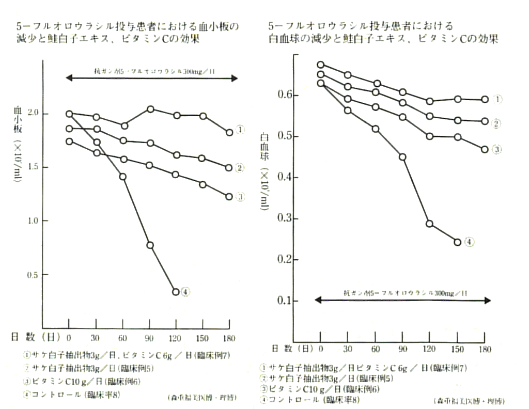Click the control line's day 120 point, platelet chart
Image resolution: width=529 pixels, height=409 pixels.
176,292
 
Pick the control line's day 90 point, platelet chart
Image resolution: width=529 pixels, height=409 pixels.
150,245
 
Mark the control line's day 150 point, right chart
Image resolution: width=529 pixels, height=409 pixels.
457,242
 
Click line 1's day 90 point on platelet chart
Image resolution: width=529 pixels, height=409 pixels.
150,109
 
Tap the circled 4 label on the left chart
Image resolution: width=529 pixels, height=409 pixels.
186,292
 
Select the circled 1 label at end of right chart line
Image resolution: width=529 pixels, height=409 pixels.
496,99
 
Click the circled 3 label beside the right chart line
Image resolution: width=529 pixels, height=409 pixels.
496,149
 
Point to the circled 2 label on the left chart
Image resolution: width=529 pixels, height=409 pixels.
240,167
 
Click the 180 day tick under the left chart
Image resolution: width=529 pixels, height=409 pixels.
229,338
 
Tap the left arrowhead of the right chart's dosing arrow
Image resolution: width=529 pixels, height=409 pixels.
318,300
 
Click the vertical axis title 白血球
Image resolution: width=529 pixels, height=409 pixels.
264,146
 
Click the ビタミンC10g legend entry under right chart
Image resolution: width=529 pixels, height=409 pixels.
320,389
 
